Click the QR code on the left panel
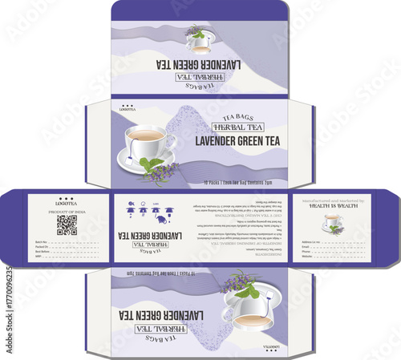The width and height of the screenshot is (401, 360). coord(67,224)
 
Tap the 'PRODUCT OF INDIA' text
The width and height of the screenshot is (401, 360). coord(67,211)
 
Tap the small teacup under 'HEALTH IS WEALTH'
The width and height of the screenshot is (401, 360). coord(332,223)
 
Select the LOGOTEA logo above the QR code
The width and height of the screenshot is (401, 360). coord(67,201)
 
